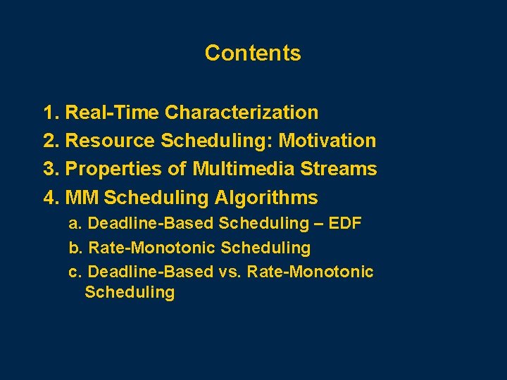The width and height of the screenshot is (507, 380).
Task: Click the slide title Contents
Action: click(253, 53)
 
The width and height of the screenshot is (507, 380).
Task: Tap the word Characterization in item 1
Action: click(242, 113)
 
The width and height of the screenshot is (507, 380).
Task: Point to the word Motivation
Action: click(327, 141)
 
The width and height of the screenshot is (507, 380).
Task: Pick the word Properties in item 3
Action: click(113, 170)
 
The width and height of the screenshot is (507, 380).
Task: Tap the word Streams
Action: click(343, 170)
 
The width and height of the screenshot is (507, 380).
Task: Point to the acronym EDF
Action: click(345, 224)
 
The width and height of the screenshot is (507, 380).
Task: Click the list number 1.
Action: click(51, 113)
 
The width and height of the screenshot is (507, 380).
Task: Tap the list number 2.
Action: click(51, 141)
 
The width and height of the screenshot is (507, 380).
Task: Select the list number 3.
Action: click(51, 170)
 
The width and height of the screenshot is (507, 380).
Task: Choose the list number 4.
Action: click(51, 198)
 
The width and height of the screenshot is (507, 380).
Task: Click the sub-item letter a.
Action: click(74, 224)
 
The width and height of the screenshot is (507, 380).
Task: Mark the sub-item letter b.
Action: click(74, 248)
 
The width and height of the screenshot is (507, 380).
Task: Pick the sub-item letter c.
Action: click(74, 272)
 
